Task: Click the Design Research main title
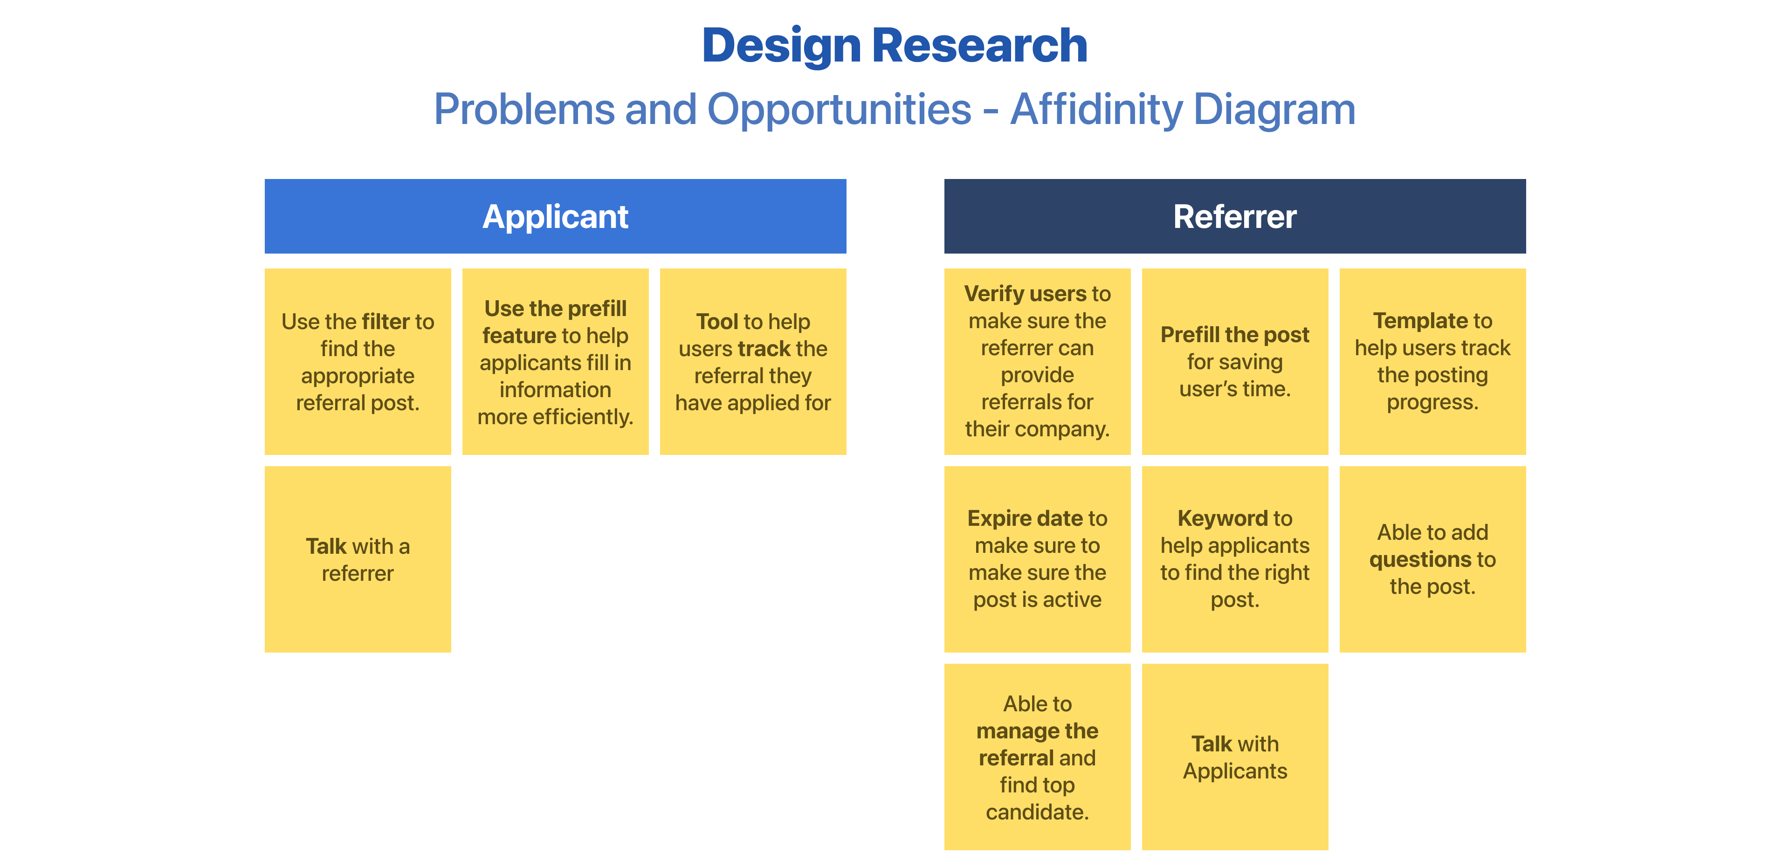click(895, 46)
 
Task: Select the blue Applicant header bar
click(555, 216)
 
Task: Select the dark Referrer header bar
click(1235, 216)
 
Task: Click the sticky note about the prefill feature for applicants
click(555, 362)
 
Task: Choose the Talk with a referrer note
click(358, 559)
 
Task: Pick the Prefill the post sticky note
click(1235, 362)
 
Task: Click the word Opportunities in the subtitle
click(839, 109)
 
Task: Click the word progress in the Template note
click(1432, 402)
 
